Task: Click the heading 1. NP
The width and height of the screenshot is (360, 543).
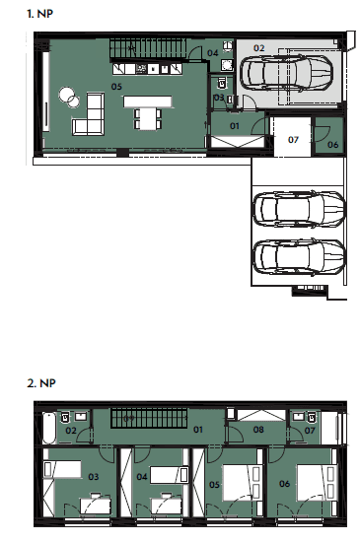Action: (39, 14)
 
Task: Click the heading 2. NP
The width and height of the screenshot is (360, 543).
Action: (40, 383)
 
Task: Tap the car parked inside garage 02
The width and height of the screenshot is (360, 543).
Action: (286, 73)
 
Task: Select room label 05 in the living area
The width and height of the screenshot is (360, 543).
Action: (116, 87)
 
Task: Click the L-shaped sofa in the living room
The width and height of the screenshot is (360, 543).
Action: (89, 115)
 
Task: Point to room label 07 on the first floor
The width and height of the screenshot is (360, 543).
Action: (293, 140)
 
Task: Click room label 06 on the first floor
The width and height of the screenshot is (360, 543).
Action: (332, 145)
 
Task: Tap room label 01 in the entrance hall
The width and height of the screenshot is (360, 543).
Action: (235, 126)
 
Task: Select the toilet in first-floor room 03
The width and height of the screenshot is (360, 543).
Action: (221, 84)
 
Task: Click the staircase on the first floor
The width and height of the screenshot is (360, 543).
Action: (148, 49)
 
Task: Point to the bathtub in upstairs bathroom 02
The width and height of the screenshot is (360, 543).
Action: (49, 428)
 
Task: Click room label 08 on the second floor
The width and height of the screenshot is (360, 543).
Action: (258, 430)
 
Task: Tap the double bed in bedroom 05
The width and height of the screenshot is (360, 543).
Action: (242, 483)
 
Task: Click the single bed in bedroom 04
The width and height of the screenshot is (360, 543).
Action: (170, 474)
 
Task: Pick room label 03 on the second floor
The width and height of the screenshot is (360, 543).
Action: (93, 477)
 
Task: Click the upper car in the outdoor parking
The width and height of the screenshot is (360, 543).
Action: (299, 209)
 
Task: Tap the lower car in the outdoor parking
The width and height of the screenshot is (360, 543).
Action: (299, 256)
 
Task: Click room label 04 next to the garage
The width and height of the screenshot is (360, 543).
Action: (212, 53)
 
